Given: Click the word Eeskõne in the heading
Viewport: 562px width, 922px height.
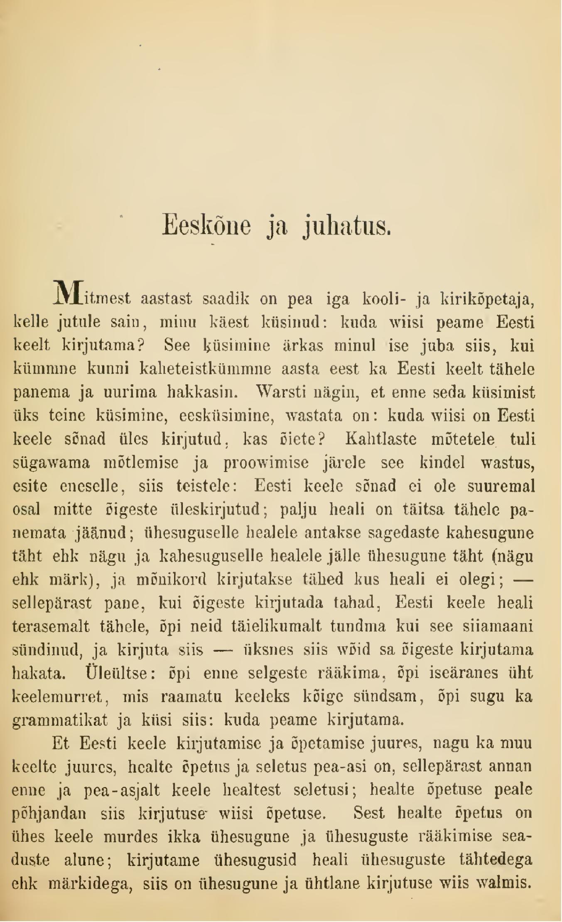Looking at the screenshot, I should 206,225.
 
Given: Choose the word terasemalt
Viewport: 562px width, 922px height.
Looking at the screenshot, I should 51,626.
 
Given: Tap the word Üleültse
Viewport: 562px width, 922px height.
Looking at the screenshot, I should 120,673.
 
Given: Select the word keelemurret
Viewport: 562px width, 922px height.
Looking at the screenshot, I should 61,696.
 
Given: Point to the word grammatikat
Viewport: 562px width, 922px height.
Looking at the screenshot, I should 60,719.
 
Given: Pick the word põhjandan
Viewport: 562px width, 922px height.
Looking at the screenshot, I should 49,813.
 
